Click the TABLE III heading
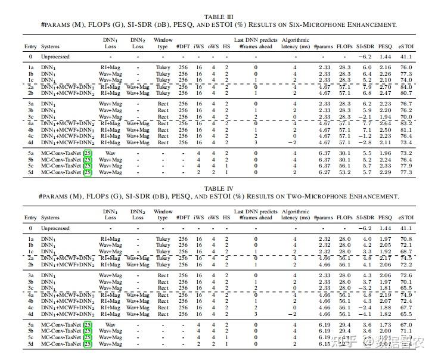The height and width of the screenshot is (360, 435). click(x=218, y=17)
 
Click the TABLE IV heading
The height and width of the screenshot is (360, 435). click(x=218, y=188)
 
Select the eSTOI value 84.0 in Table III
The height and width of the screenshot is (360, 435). click(x=406, y=87)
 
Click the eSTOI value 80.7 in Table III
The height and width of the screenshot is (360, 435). click(x=406, y=93)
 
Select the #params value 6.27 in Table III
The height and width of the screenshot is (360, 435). click(x=324, y=172)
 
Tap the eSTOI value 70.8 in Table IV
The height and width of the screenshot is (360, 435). click(x=406, y=239)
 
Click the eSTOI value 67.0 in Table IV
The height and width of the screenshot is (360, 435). click(x=406, y=324)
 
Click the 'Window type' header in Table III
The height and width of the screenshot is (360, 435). click(x=163, y=44)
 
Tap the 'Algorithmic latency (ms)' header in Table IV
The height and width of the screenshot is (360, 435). click(x=294, y=215)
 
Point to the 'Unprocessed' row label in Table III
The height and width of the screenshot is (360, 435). click(x=55, y=57)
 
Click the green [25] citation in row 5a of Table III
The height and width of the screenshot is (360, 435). click(x=87, y=153)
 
